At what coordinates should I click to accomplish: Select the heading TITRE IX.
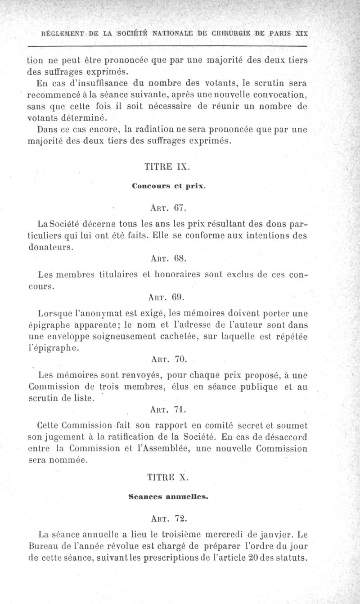tap(167, 167)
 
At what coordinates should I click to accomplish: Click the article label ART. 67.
tap(167, 208)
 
